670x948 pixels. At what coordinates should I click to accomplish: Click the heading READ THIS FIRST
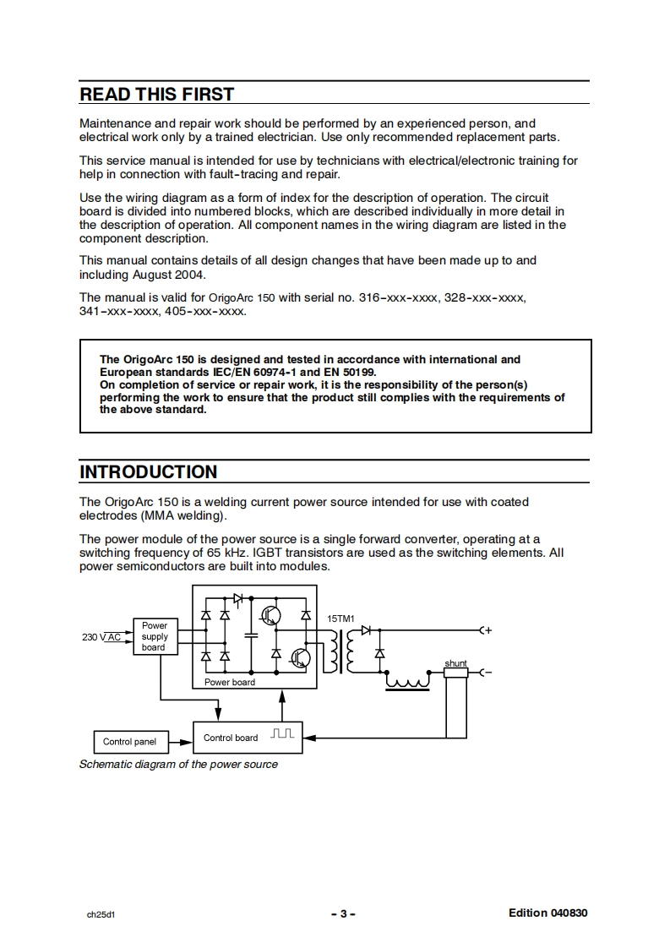[x=156, y=94]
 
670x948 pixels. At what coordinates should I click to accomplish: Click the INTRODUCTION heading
[x=148, y=471]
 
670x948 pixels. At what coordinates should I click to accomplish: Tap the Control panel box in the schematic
[x=129, y=742]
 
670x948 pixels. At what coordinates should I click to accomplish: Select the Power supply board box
[x=154, y=637]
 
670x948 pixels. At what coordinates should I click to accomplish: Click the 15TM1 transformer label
[x=340, y=619]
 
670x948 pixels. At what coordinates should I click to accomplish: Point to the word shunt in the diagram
[x=455, y=663]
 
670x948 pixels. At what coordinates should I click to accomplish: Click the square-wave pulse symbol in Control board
[x=282, y=735]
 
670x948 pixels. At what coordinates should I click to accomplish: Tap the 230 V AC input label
[x=101, y=637]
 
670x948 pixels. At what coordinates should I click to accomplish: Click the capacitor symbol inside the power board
[x=250, y=633]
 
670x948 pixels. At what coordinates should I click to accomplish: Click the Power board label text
[x=229, y=682]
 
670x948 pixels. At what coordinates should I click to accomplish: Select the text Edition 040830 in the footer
[x=547, y=913]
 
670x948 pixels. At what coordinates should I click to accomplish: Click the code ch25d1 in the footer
[x=100, y=914]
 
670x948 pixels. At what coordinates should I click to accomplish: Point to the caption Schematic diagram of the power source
[x=178, y=765]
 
